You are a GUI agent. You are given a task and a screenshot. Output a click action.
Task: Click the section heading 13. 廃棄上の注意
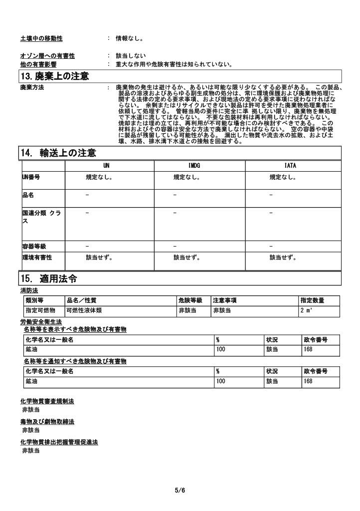54,76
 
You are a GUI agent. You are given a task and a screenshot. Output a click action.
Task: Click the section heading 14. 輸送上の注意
58,153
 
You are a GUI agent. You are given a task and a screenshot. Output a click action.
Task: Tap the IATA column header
290,165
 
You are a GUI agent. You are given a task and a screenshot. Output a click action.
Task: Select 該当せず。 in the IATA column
283,258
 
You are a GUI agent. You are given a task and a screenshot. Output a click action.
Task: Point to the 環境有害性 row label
37,258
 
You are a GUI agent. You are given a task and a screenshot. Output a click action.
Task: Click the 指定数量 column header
312,300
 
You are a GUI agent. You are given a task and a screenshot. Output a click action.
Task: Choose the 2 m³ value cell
306,310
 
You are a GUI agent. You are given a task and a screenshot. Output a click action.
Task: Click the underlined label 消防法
29,290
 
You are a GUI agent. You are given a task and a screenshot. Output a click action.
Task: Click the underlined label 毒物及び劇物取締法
47,422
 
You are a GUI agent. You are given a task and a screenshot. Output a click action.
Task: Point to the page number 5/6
180,491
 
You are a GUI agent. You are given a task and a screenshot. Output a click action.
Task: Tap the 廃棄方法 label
32,88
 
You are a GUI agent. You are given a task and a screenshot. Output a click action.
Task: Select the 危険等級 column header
190,300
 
